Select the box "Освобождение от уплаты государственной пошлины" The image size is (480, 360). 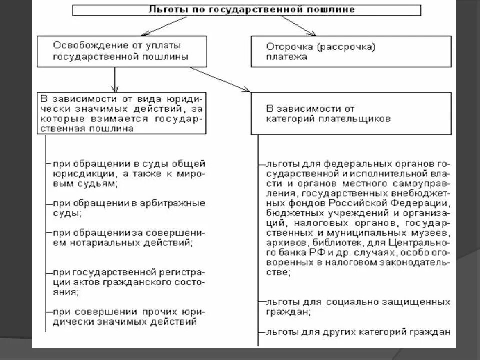(x=121, y=51)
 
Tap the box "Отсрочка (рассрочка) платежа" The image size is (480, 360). (x=351, y=51)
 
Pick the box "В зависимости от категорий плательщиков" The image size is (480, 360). (x=351, y=113)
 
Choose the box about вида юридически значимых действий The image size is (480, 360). (x=121, y=112)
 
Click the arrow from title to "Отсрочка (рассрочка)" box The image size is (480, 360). (x=298, y=25)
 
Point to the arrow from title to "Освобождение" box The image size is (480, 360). (x=165, y=26)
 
